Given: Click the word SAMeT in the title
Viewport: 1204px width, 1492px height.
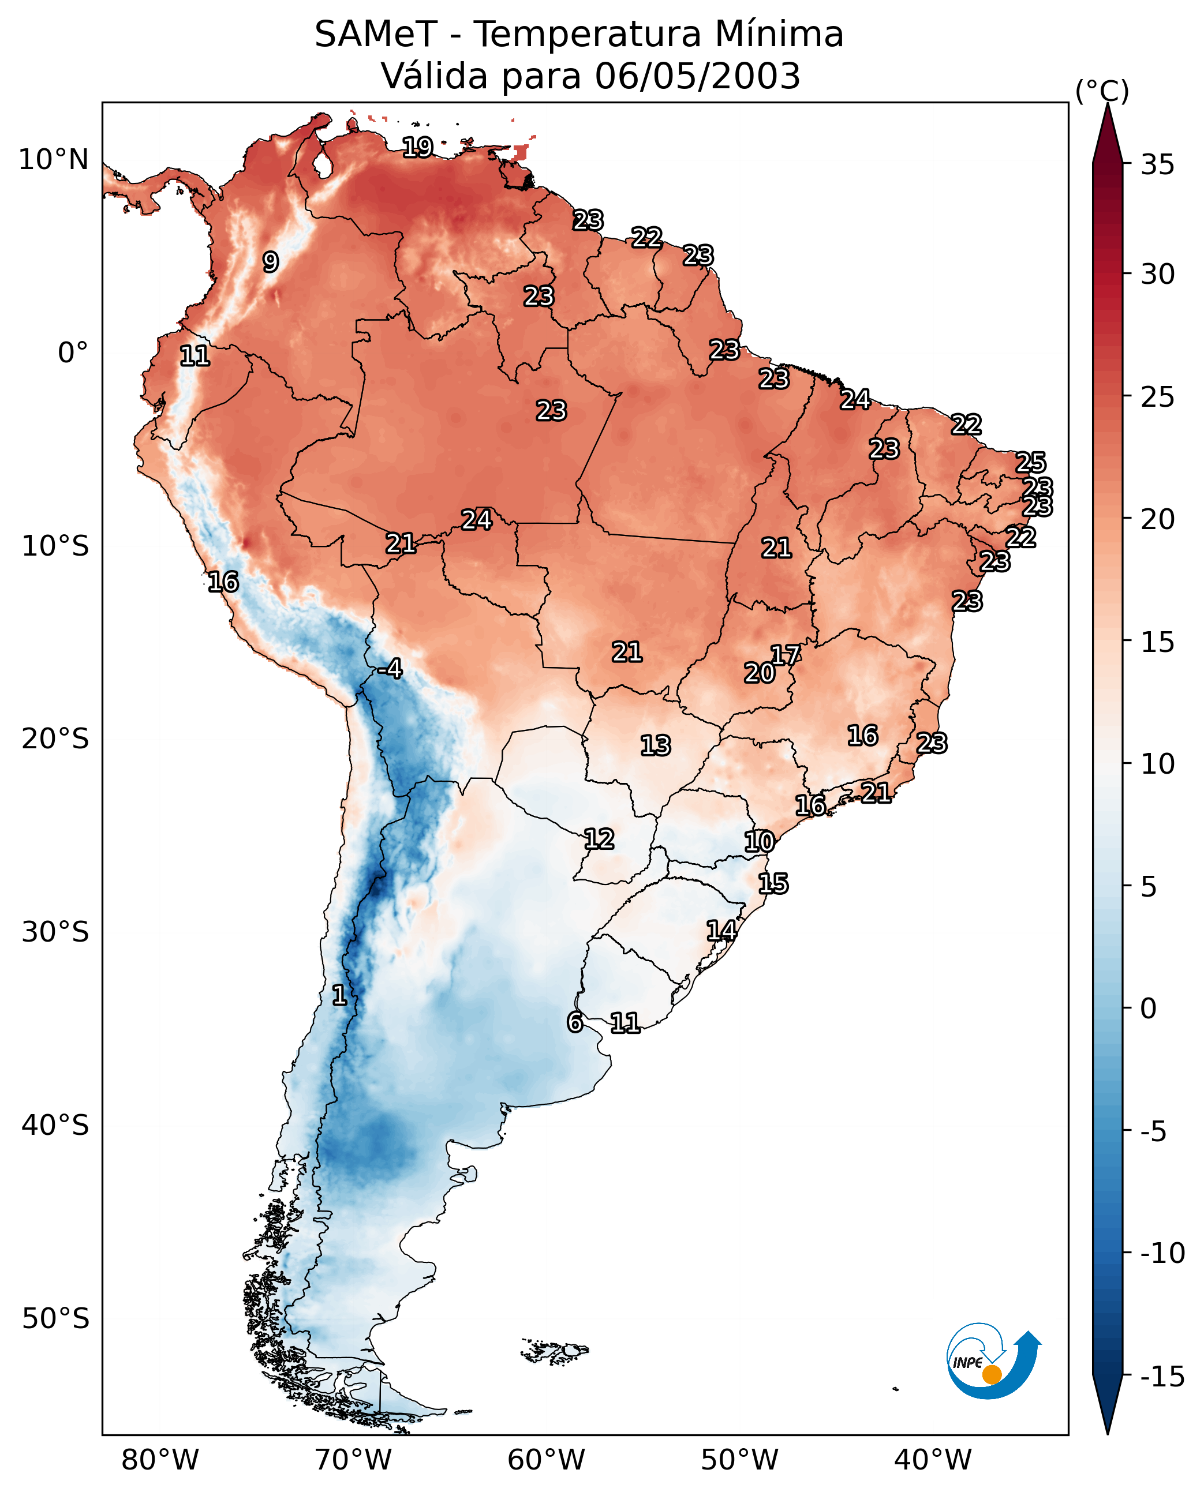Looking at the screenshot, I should tap(375, 35).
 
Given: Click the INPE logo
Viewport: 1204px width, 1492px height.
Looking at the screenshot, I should tap(993, 1361).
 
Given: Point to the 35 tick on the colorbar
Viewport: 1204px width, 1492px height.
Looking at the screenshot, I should tap(1157, 165).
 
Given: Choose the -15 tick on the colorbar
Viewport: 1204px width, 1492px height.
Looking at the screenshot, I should tap(1162, 1376).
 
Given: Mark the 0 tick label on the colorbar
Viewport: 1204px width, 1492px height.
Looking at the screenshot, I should tap(1149, 1008).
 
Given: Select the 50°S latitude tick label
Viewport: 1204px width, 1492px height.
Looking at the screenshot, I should tap(55, 1318).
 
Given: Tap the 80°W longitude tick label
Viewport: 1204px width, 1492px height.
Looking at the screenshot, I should tap(160, 1460).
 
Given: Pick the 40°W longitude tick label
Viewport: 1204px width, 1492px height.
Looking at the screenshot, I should tap(932, 1460).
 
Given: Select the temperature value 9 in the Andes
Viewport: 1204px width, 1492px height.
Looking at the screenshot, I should tap(271, 262).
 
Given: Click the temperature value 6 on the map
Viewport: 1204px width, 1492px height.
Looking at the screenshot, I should tap(574, 1022).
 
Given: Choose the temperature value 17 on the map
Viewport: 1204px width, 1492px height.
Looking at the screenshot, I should tap(785, 654).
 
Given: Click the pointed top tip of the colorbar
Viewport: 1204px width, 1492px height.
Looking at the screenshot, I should tap(1108, 106).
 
